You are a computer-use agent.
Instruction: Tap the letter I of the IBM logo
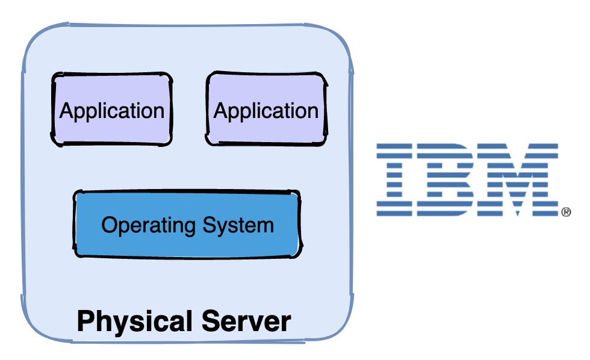395,179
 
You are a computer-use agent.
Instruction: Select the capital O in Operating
109,225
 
